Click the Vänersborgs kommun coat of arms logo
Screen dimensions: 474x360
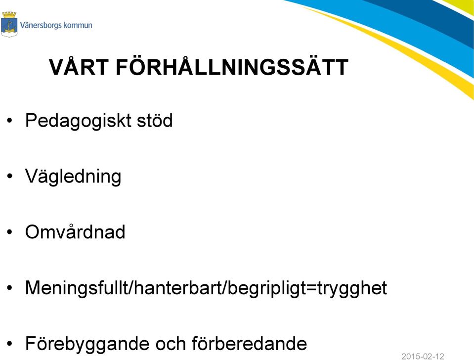point(9,24)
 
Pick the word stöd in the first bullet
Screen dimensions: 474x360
point(155,120)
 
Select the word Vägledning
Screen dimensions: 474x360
point(73,177)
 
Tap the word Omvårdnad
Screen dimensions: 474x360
point(75,231)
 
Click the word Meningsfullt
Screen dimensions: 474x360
point(77,288)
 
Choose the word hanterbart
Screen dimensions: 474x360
point(178,287)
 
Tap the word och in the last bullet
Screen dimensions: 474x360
point(170,343)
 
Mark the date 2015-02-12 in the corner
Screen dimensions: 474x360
point(423,356)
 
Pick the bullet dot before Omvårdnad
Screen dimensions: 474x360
point(10,232)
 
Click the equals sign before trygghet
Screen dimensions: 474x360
point(313,288)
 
